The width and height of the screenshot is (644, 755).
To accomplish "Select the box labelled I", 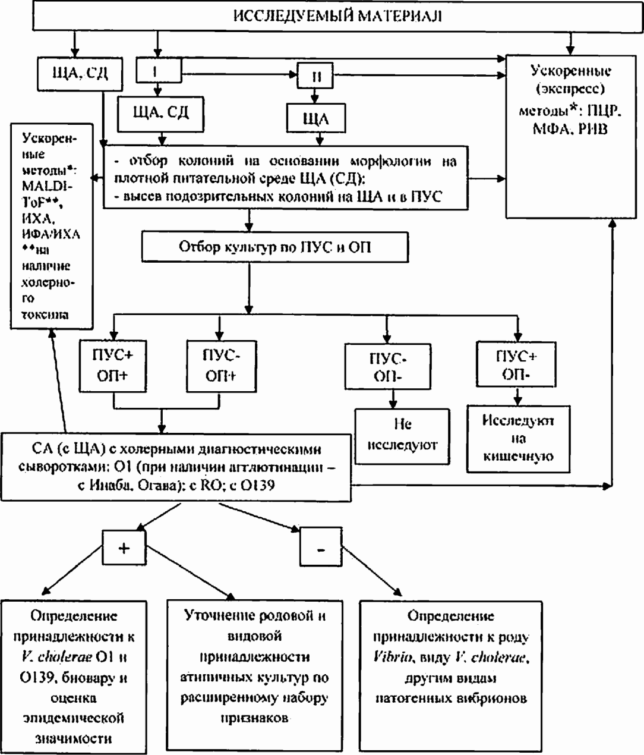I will [157, 71].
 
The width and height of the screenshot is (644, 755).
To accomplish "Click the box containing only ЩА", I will [315, 118].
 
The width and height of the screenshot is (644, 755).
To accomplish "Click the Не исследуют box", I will [402, 435].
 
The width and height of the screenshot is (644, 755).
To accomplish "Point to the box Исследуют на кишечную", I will [517, 439].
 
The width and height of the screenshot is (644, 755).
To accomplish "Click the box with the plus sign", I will [124, 547].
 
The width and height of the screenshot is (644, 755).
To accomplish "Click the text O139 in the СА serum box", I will [258, 485].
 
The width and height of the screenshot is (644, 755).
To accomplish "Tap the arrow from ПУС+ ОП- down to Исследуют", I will [517, 396].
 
